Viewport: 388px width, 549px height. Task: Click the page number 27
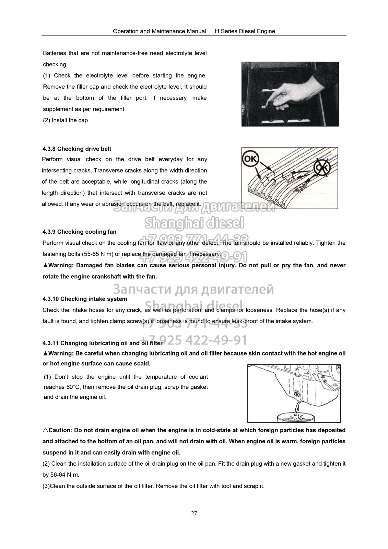coord(194,513)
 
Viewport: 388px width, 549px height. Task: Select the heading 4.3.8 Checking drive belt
coord(77,149)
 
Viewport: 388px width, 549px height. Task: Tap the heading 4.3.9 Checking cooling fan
coord(79,232)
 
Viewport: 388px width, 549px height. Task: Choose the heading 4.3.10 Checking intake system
coord(85,299)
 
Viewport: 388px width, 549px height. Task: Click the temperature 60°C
coord(73,387)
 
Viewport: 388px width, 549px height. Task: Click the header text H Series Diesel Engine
coord(245,31)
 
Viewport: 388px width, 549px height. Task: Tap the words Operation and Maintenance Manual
coord(160,31)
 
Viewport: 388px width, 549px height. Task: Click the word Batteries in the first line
coord(54,53)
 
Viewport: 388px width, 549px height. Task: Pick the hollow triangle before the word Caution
coord(45,430)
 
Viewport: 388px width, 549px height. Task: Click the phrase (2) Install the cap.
coord(66,120)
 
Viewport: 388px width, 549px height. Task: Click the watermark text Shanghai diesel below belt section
coord(194,223)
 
